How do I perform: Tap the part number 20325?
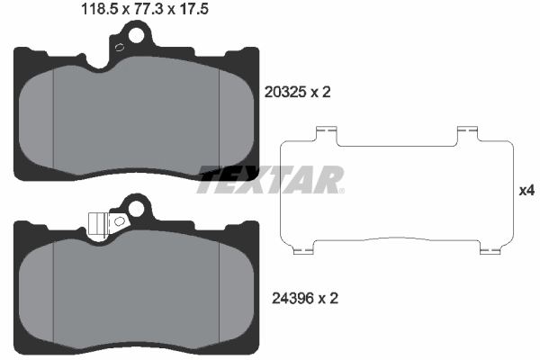click(285, 91)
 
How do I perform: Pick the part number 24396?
click(285, 295)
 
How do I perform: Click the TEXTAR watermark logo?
click(270, 180)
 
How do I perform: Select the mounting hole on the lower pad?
click(137, 210)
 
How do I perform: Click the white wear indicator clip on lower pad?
click(99, 221)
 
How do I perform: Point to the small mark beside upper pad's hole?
click(117, 50)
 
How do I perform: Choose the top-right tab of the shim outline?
click(466, 134)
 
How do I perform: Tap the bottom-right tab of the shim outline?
click(490, 247)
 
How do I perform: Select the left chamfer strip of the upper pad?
click(38, 121)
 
